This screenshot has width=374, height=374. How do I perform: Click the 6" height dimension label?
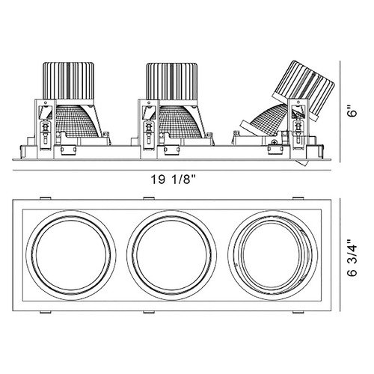coord(352,111)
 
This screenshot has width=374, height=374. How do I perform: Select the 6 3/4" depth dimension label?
coord(352,257)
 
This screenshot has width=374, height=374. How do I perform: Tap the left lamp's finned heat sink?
coord(68,81)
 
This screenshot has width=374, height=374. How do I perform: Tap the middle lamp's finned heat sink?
coord(172,81)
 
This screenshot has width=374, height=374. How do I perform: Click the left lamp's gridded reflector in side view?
coord(77,121)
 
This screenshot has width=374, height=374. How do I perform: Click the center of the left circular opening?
coord(71,255)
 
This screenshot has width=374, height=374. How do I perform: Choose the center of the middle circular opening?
coord(172,255)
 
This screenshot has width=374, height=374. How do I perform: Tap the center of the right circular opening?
coord(273,255)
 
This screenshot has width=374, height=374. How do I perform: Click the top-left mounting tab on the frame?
coord(46,198)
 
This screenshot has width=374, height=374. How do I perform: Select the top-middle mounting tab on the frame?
coord(149,198)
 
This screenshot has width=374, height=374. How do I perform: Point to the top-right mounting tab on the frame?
coord(298,198)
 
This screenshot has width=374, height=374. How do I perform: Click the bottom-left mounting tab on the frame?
coord(46,312)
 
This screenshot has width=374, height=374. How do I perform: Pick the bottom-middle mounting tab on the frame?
coord(149,312)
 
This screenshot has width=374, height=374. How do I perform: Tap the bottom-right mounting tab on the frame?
coord(298,312)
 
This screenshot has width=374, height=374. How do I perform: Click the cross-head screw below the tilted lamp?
coord(275,143)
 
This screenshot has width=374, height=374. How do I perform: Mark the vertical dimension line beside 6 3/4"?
coord(340,255)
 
